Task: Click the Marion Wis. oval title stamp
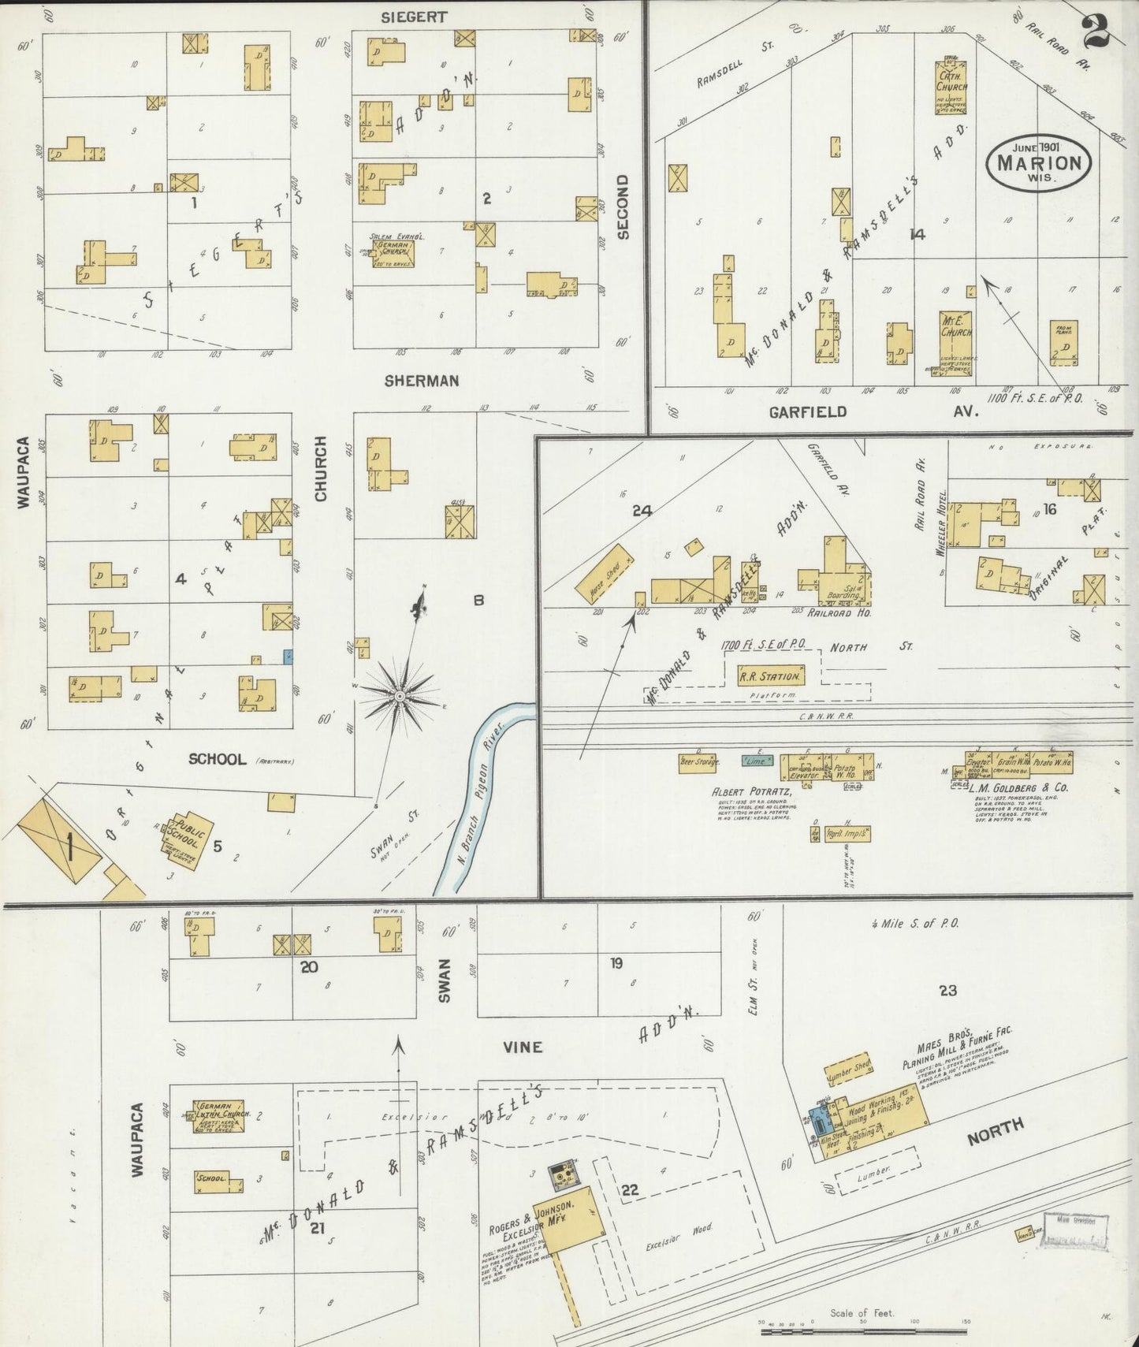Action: click(1039, 162)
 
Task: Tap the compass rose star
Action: click(400, 696)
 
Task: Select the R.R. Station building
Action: click(770, 675)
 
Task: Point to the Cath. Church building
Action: click(952, 87)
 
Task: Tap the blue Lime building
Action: click(757, 761)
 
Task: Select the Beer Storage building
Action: click(698, 762)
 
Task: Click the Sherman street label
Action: click(422, 381)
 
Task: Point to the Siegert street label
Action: click(414, 17)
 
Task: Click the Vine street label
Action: click(523, 1047)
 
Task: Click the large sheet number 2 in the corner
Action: click(1096, 32)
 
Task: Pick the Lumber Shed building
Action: click(849, 1068)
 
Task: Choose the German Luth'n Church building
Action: click(219, 1116)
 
